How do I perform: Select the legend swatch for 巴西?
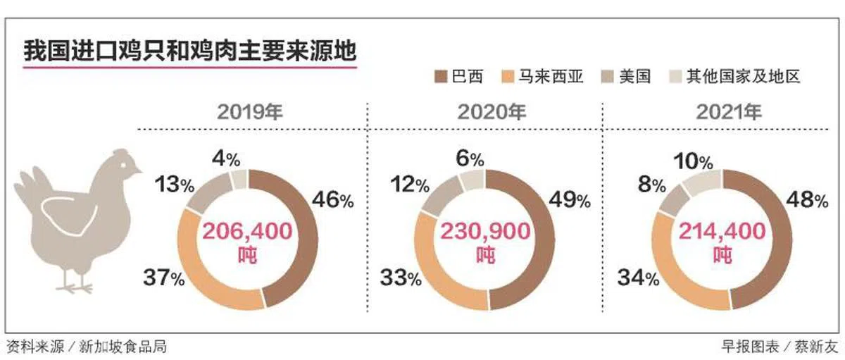pyautogui.click(x=442, y=76)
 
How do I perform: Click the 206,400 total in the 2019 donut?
pyautogui.click(x=247, y=231)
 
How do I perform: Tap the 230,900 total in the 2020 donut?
pyautogui.click(x=485, y=231)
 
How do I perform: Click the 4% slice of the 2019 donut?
pyautogui.click(x=239, y=179)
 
